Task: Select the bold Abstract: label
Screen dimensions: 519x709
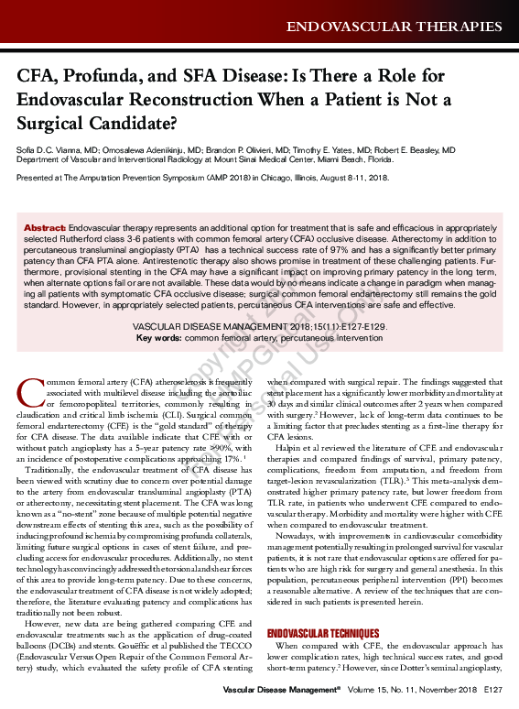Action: tap(45, 226)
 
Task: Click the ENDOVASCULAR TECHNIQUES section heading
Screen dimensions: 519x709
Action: tap(322, 634)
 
